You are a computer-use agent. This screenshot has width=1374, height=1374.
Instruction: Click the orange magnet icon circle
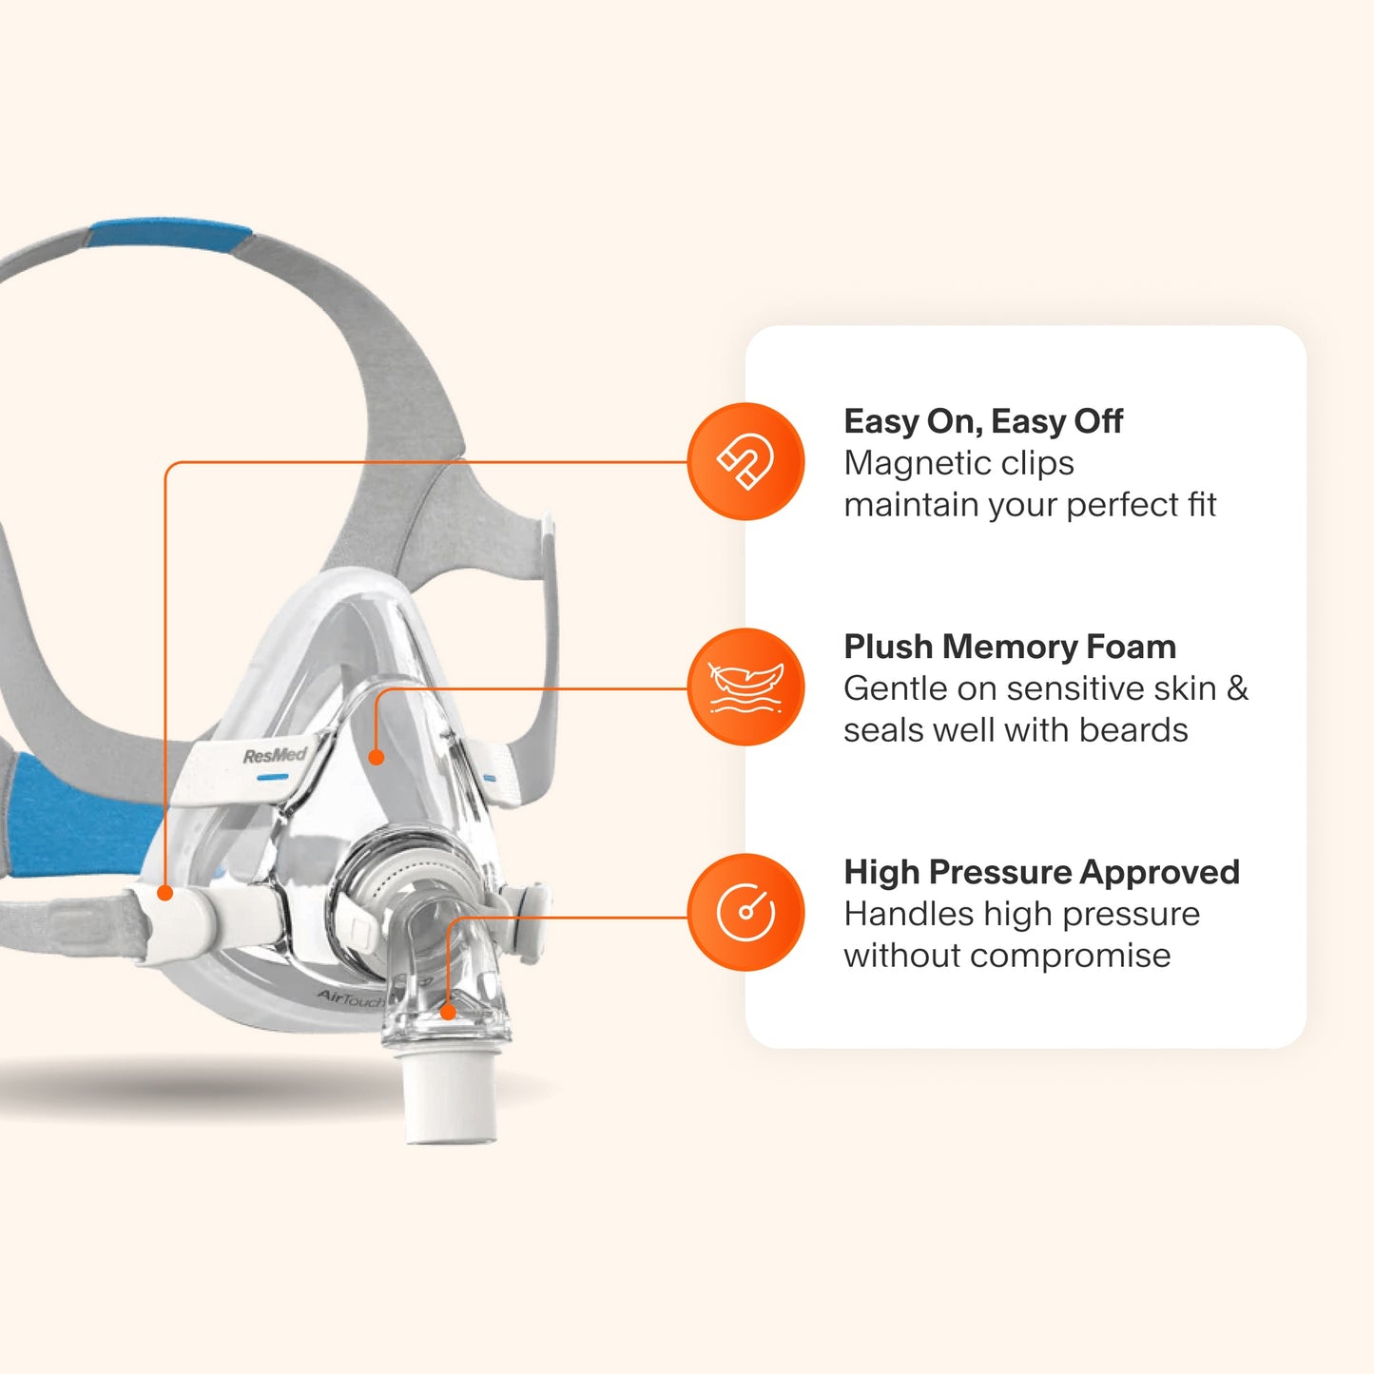click(x=745, y=461)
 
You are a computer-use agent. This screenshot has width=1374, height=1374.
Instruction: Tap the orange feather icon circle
click(x=745, y=687)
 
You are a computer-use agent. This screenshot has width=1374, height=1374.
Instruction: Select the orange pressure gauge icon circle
click(x=745, y=912)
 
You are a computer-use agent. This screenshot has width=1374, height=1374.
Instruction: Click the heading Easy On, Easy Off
click(x=983, y=422)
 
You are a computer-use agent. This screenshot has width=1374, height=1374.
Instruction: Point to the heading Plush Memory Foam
click(x=1010, y=647)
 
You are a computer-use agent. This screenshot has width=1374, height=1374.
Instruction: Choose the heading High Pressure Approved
click(x=1042, y=872)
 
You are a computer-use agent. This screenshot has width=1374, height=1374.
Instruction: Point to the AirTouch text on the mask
click(x=349, y=998)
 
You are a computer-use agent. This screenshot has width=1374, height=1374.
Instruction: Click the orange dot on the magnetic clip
click(x=165, y=893)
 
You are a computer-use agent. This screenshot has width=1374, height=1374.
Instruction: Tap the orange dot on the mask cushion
click(x=377, y=757)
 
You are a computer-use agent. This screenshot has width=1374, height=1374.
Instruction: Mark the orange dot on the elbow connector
click(x=448, y=1012)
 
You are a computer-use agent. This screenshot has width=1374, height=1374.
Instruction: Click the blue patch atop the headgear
click(x=169, y=236)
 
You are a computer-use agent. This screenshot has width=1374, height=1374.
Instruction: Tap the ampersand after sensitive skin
click(x=1237, y=688)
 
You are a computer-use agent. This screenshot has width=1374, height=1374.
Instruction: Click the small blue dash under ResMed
click(x=273, y=777)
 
